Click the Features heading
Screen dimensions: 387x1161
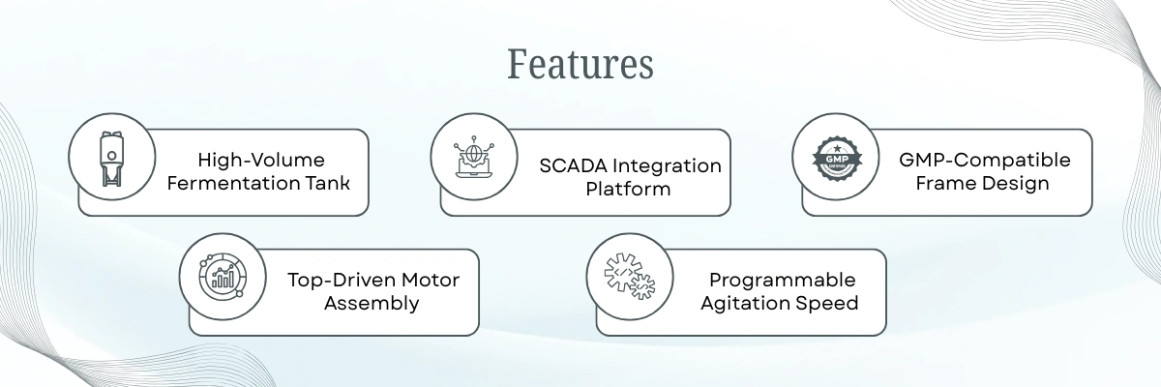click(580, 64)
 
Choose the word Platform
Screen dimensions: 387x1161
click(628, 189)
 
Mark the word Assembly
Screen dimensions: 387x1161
click(372, 303)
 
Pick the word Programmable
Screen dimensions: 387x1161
click(782, 280)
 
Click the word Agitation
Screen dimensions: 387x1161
click(756, 303)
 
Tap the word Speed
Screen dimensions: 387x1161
click(832, 303)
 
